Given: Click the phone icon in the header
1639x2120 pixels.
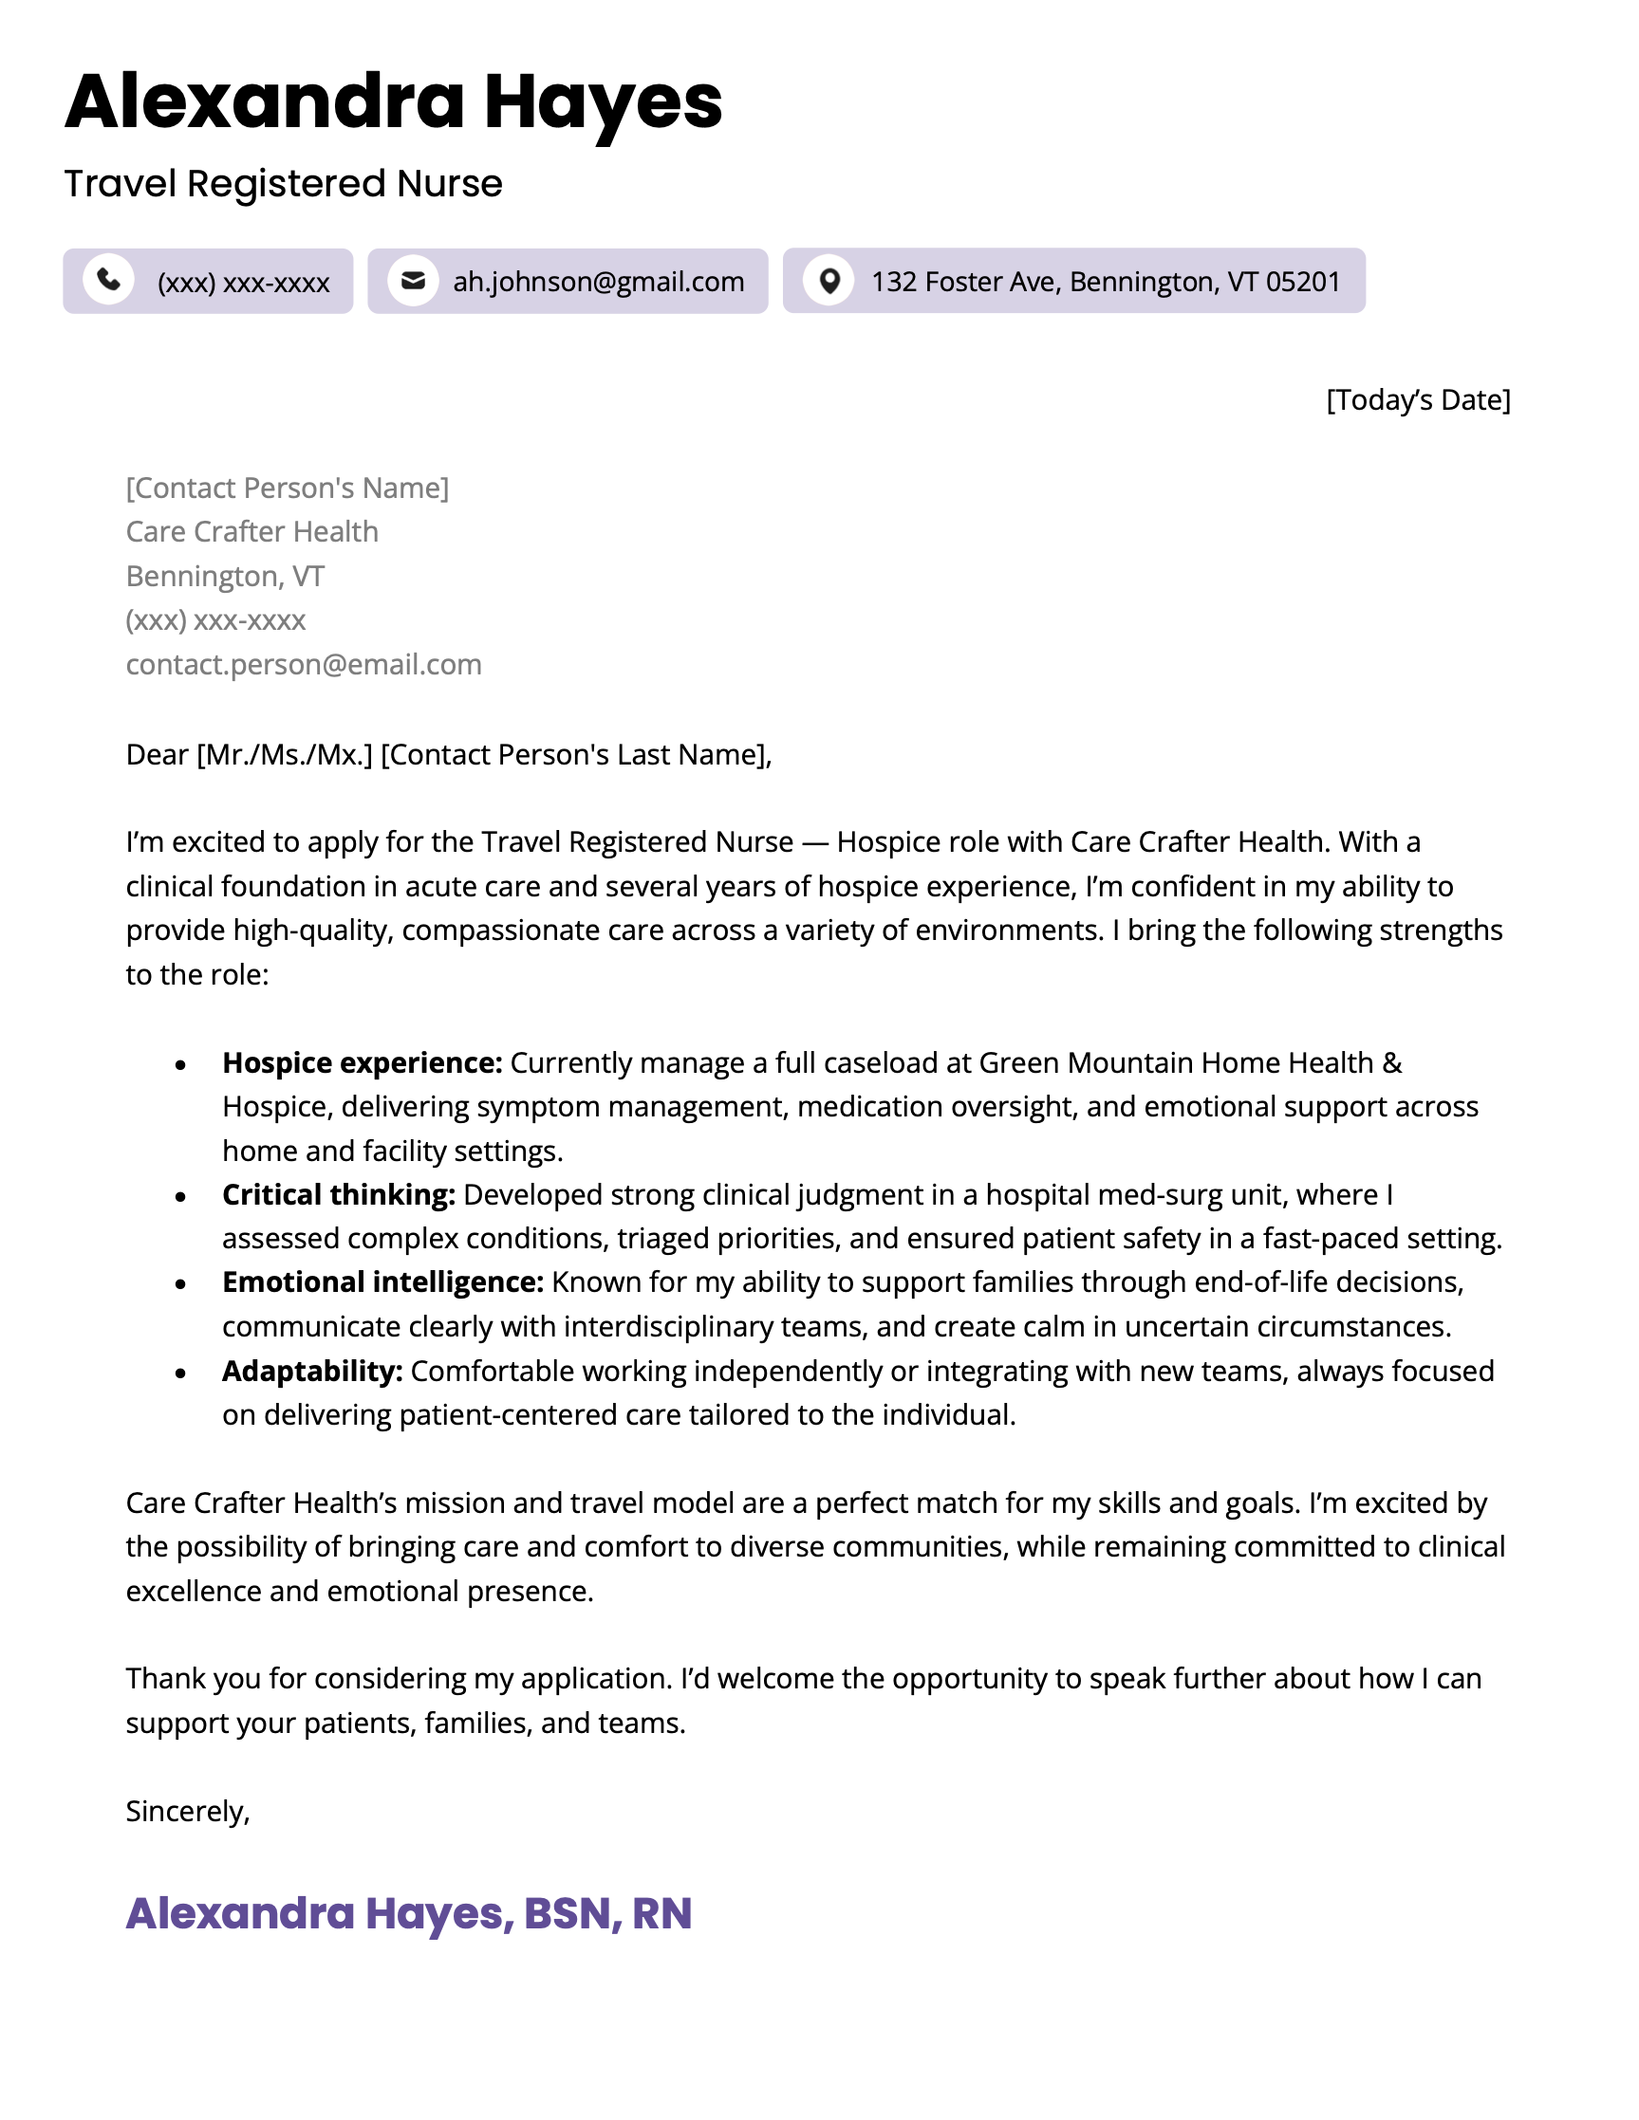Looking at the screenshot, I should click(109, 280).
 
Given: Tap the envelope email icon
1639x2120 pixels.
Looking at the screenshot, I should click(413, 281).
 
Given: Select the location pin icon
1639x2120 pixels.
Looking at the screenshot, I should click(829, 281).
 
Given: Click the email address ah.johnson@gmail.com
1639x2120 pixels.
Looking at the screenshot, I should click(598, 282).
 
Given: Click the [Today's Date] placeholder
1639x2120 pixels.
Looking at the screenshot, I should click(1418, 400).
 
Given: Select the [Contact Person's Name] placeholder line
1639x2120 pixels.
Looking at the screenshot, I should click(288, 488).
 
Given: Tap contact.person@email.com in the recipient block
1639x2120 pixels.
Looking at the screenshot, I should click(303, 664).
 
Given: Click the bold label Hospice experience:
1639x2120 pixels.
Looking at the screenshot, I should click(363, 1063).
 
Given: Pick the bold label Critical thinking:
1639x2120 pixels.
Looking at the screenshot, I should click(339, 1195).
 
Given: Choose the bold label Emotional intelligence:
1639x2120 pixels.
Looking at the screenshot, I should click(382, 1282).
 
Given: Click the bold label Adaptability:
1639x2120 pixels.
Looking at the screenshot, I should click(311, 1371).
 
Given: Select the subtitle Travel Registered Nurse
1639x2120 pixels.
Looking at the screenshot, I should click(283, 183).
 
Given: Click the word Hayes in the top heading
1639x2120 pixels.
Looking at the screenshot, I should click(603, 102).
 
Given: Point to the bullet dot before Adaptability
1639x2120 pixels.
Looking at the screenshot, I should click(180, 1373).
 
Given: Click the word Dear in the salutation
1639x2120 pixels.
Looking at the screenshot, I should click(157, 754).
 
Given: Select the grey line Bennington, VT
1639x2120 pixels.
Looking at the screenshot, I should click(224, 576).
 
